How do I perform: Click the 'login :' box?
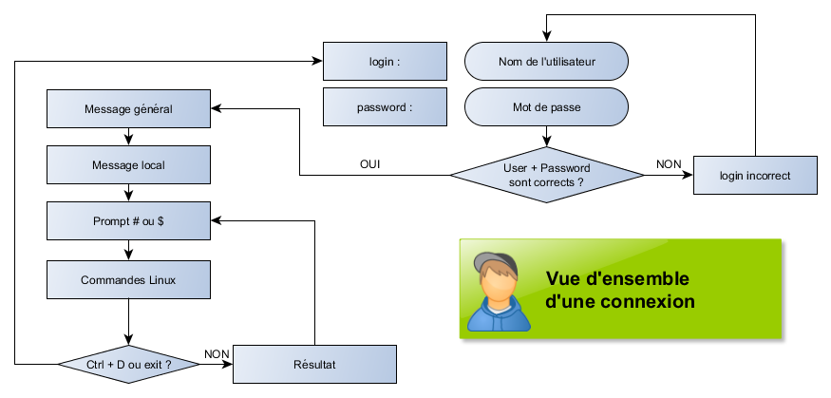click(x=385, y=62)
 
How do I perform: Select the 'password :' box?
click(x=385, y=107)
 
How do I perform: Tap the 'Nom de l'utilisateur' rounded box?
click(x=546, y=62)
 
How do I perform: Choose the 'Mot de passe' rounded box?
click(x=546, y=107)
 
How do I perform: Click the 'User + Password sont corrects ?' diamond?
click(x=546, y=175)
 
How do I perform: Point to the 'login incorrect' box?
click(x=755, y=175)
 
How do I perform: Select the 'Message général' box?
click(x=128, y=108)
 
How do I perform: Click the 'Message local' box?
click(x=128, y=165)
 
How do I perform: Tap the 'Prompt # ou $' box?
click(x=128, y=221)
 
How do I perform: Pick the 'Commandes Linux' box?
click(x=128, y=280)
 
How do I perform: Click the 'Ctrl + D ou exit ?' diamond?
click(x=128, y=364)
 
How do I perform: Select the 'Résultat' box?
click(x=313, y=364)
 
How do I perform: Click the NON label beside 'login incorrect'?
click(x=669, y=164)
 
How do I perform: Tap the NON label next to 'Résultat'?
click(x=217, y=354)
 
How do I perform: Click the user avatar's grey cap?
click(x=494, y=262)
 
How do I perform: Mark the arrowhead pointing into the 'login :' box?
click(x=317, y=62)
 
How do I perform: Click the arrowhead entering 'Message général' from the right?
click(x=216, y=108)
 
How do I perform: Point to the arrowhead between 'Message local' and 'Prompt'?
click(x=128, y=197)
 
